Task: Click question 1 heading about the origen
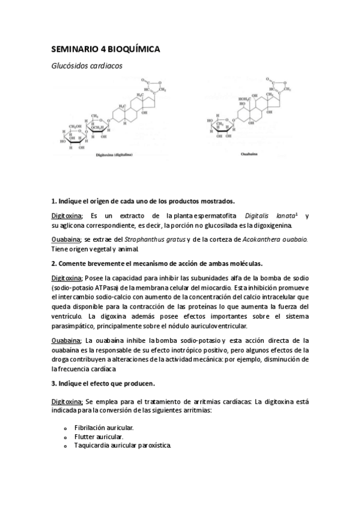click(x=143, y=200)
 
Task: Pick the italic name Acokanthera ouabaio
click(x=280, y=239)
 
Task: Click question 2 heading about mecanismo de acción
click(x=157, y=264)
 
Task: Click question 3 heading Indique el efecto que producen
click(x=103, y=383)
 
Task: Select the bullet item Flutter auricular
click(x=99, y=436)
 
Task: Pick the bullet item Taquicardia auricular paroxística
click(x=123, y=446)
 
